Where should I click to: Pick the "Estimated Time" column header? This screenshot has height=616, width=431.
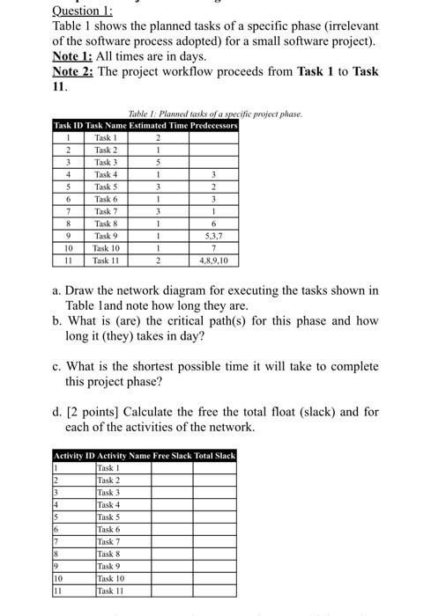tap(157, 126)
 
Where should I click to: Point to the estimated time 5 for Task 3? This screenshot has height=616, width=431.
tap(157, 162)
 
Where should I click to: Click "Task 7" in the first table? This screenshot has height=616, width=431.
tap(105, 211)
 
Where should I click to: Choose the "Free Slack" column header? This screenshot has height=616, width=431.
tap(173, 455)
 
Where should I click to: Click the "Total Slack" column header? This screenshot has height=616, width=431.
tap(215, 455)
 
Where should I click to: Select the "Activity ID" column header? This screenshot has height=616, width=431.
tap(72, 455)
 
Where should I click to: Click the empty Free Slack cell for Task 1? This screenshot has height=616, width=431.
tap(172, 467)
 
